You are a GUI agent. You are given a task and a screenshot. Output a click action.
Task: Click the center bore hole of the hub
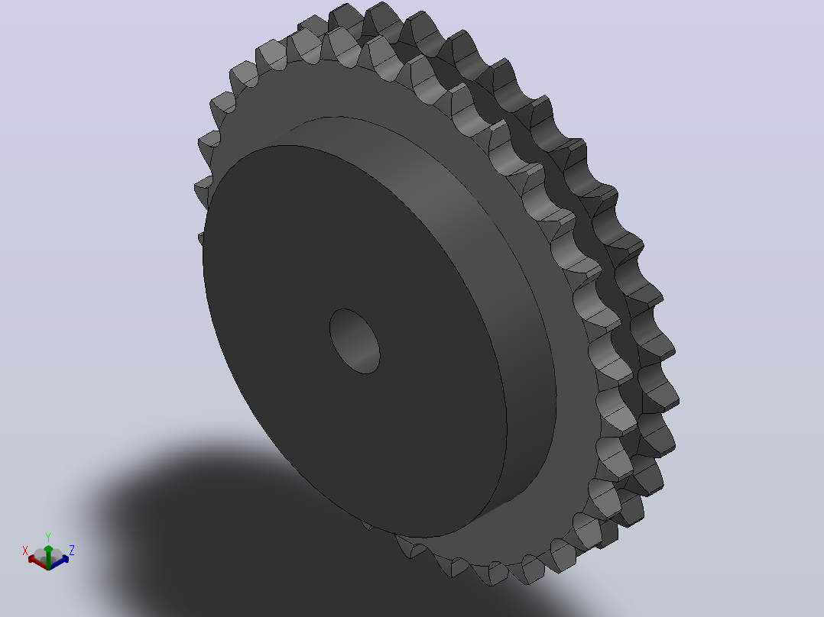tap(355, 341)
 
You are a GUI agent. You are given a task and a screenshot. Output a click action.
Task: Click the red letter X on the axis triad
tap(24, 551)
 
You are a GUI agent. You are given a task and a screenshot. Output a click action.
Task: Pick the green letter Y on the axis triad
tap(48, 537)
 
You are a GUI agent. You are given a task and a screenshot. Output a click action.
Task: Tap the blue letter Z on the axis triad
tap(72, 550)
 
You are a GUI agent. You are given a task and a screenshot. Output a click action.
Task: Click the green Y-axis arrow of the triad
tap(48, 557)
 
